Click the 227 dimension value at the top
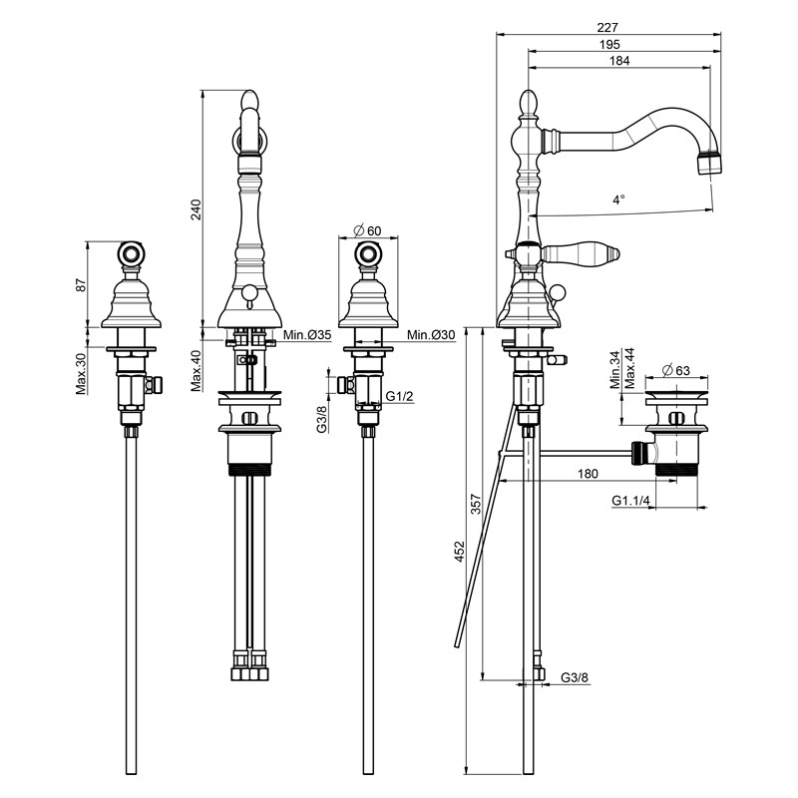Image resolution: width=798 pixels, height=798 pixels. point(607,28)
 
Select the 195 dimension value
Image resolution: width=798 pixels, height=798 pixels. point(609,44)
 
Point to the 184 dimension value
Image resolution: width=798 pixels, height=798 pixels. point(619,61)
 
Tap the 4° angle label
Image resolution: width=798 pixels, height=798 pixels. point(618,199)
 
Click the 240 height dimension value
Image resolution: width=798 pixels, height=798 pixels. point(196,209)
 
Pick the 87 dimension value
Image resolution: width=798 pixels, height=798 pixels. point(82,284)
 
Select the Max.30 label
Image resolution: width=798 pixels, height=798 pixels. point(82,373)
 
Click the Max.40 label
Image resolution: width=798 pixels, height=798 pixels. point(197,370)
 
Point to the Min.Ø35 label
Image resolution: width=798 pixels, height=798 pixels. point(307,335)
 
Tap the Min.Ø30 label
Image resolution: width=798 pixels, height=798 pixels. point(431,335)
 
